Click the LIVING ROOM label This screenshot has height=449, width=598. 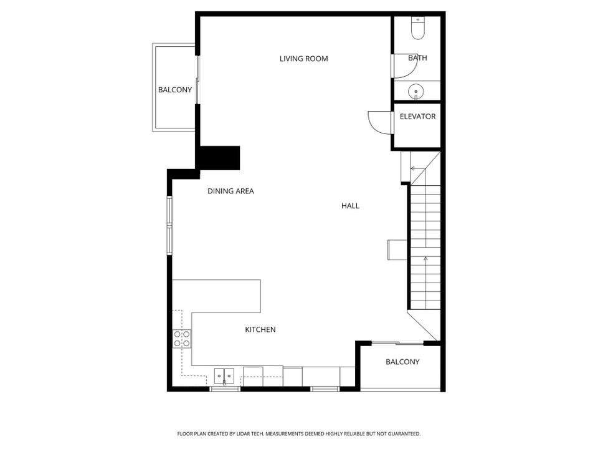pos(303,59)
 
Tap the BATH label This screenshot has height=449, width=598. pos(417,58)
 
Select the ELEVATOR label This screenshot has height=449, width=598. pos(417,117)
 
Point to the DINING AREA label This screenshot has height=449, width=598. pos(230,191)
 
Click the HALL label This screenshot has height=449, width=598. pos(350,206)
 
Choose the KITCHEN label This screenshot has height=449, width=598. pos(260,329)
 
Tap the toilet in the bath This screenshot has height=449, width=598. pos(417,28)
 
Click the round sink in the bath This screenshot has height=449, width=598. pos(416,92)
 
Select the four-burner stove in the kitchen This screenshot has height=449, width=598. pos(182,339)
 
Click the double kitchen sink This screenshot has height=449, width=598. pos(224,376)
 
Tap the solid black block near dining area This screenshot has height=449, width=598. pos(219,157)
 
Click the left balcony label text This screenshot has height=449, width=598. pos(174,90)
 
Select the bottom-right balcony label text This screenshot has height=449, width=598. pos(402,362)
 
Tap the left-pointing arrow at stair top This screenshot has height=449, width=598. pos(412,168)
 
